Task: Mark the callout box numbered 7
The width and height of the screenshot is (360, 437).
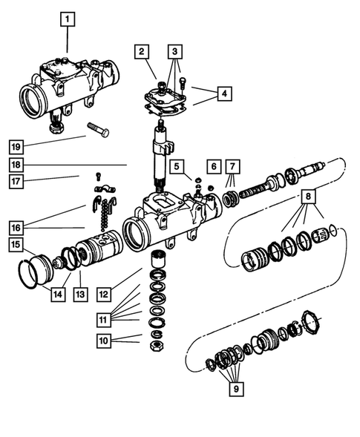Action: (232, 166)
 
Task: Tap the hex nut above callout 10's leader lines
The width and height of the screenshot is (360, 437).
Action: (157, 346)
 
